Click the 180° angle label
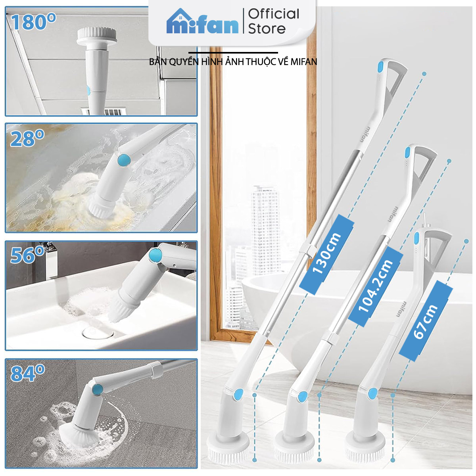[x=33, y=22]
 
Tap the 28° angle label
[x=27, y=138]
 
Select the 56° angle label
[x=27, y=255]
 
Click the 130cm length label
[x=326, y=254]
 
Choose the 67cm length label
[x=425, y=321]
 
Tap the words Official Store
[x=273, y=21]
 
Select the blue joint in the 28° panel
[x=124, y=160]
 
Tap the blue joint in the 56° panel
[x=155, y=255]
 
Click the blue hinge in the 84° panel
[x=98, y=389]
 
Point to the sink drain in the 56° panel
[x=98, y=333]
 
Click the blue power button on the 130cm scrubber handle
[x=381, y=67]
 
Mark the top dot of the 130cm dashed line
[x=424, y=74]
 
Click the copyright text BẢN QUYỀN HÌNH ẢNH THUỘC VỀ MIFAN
[x=233, y=62]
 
